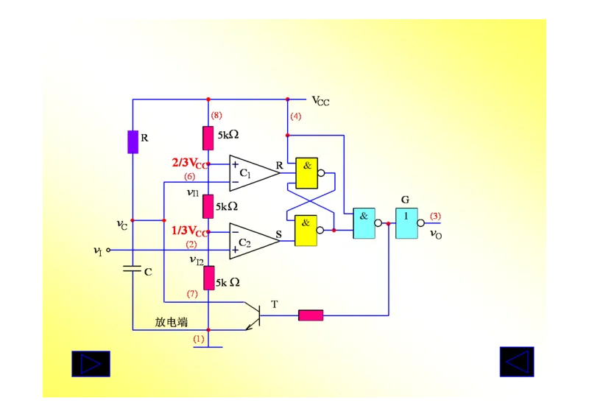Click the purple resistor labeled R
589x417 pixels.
coord(133,141)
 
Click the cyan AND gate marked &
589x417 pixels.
coord(364,223)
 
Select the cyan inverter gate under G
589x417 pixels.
coord(406,223)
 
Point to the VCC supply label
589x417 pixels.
coord(320,101)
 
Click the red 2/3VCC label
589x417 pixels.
coord(189,163)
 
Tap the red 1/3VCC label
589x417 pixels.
coord(189,231)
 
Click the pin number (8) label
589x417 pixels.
coord(216,116)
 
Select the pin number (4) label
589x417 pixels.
coord(295,116)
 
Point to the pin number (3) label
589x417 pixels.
coord(435,216)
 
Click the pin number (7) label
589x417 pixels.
coord(192,294)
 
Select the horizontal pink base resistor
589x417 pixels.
coord(310,315)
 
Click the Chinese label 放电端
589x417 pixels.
coord(171,322)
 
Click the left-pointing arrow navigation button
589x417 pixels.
coord(517,362)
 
